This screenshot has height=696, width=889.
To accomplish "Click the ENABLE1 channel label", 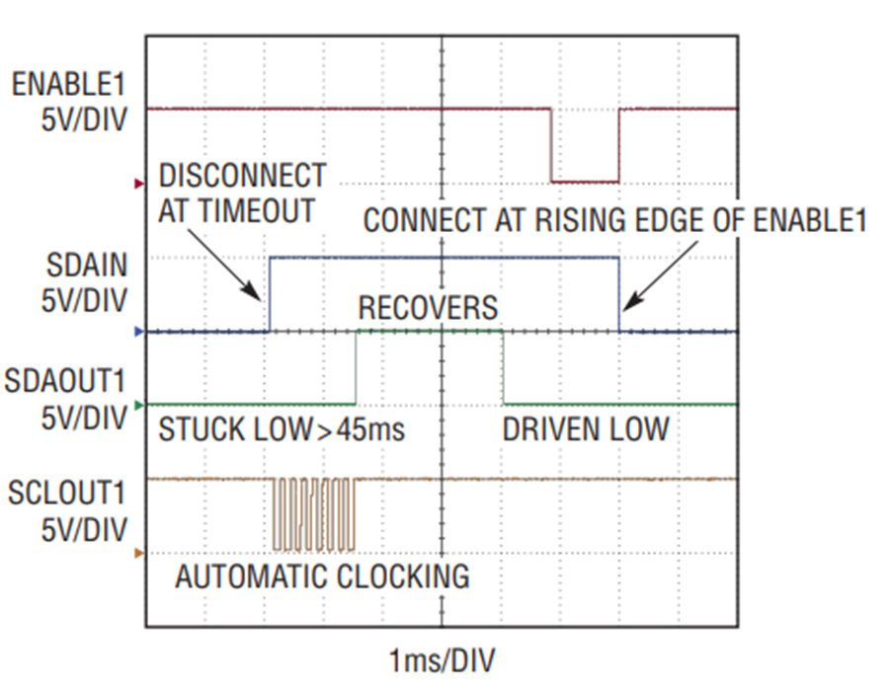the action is pos(69,85).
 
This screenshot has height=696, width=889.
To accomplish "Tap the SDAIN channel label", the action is pos(87,266).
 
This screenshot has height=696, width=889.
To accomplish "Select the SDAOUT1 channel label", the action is pos(64,381).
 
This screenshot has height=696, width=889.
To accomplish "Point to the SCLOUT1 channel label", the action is pos(66,493).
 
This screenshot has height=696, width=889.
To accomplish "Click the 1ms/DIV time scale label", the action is pos(442,660).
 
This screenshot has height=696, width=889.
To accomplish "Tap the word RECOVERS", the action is pos(428,308).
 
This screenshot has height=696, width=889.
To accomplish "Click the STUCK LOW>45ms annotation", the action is pos(282,429).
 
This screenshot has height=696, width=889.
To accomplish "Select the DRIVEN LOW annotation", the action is pos(586,429).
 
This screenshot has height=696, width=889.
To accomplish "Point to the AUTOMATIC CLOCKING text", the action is pos(323,577).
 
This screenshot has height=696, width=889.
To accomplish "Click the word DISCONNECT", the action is pos(242,176).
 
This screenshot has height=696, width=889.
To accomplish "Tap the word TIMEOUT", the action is pos(257,211).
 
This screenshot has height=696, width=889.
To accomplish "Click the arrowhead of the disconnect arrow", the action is pos(253,292).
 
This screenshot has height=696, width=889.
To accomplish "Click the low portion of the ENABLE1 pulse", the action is pos(585,182).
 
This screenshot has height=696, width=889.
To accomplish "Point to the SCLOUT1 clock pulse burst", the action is pos(314,514).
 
